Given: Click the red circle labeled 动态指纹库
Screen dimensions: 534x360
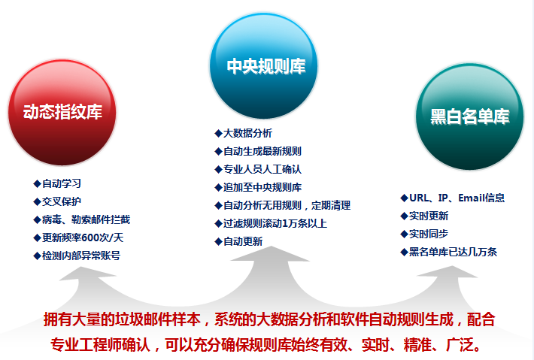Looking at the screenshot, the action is tap(62, 112).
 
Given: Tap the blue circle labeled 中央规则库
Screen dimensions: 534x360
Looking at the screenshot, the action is tap(263, 66).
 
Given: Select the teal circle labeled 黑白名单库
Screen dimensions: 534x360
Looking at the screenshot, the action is tap(469, 116).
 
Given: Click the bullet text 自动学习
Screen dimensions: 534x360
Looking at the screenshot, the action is tap(62, 183).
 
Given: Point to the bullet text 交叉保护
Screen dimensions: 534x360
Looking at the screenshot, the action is tap(62, 201).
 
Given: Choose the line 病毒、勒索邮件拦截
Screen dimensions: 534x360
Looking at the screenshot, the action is tap(86, 219).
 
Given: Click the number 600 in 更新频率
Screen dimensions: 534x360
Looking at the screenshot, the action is tap(91, 237).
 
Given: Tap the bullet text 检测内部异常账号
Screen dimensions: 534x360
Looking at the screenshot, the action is tap(81, 256).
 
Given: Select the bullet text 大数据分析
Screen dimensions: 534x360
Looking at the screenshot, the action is tap(247, 133).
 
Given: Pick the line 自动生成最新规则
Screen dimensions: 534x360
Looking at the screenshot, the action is tap(262, 151).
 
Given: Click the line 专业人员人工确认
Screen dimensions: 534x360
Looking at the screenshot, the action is tap(262, 169).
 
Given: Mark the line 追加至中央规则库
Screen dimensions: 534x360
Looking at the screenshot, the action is tap(262, 187).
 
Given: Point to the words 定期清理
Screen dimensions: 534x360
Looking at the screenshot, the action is tap(331, 205).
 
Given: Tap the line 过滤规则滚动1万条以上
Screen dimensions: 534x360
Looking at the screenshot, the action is tap(275, 223).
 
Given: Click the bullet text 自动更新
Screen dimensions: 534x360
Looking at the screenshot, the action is tap(243, 241).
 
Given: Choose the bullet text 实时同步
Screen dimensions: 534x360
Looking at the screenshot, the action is tap(429, 234).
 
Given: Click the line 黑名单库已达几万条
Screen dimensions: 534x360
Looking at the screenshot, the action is tap(453, 252).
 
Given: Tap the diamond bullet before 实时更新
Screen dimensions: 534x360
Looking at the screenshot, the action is tap(404, 216).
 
